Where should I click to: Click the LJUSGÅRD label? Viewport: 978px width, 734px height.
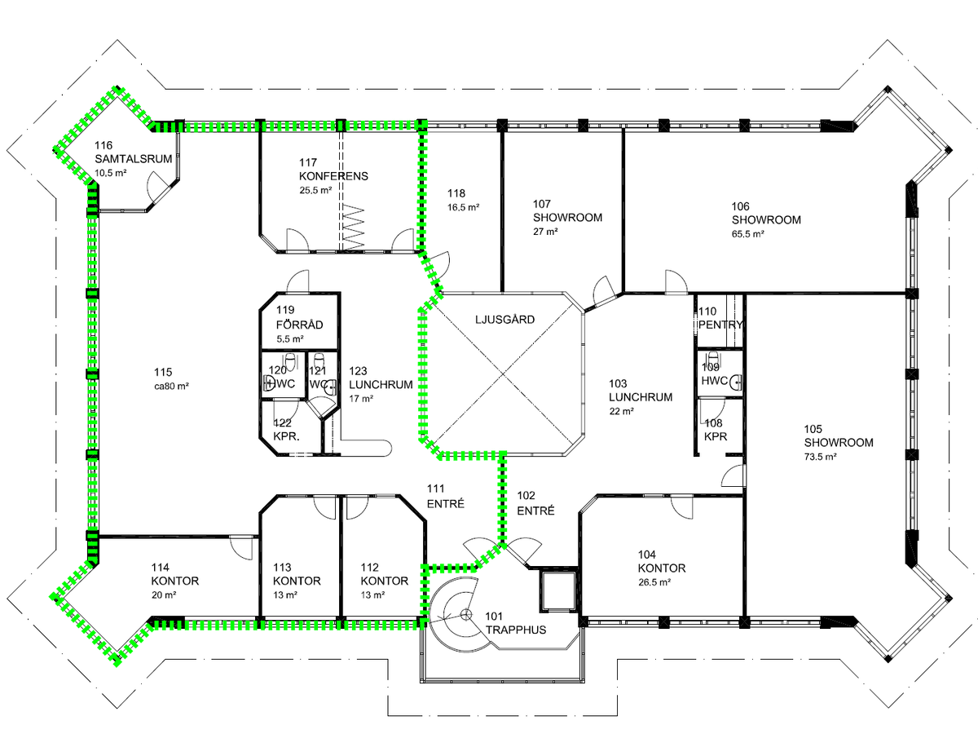point(504,319)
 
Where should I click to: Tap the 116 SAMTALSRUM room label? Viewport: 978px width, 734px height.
point(133,152)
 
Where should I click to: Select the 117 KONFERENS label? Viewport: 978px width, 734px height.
point(333,170)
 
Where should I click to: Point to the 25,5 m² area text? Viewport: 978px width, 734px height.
point(315,190)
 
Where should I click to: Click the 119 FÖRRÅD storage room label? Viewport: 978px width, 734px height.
point(299,317)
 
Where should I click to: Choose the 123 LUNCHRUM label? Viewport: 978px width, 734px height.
point(381,378)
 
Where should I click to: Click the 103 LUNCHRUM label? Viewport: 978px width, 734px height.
point(641,391)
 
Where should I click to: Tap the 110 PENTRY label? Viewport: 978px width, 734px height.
point(720,318)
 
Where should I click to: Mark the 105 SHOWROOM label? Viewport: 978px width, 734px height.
point(839,436)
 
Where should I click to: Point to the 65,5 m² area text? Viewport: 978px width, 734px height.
point(748,233)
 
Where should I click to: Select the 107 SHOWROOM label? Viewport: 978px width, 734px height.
point(567,210)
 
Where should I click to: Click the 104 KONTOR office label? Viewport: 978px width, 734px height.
point(662,562)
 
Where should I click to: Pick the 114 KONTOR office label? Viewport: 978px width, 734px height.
point(174,574)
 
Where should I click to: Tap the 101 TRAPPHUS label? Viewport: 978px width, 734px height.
point(516,623)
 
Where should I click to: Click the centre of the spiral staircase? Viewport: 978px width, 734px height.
point(466,615)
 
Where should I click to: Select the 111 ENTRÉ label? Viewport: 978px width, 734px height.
point(446,496)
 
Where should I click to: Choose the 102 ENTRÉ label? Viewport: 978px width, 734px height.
point(535,503)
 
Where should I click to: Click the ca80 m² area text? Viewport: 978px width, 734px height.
point(171,386)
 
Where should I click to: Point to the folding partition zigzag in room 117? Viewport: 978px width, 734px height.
point(353,228)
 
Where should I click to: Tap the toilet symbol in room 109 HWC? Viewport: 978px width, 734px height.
point(713,359)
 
